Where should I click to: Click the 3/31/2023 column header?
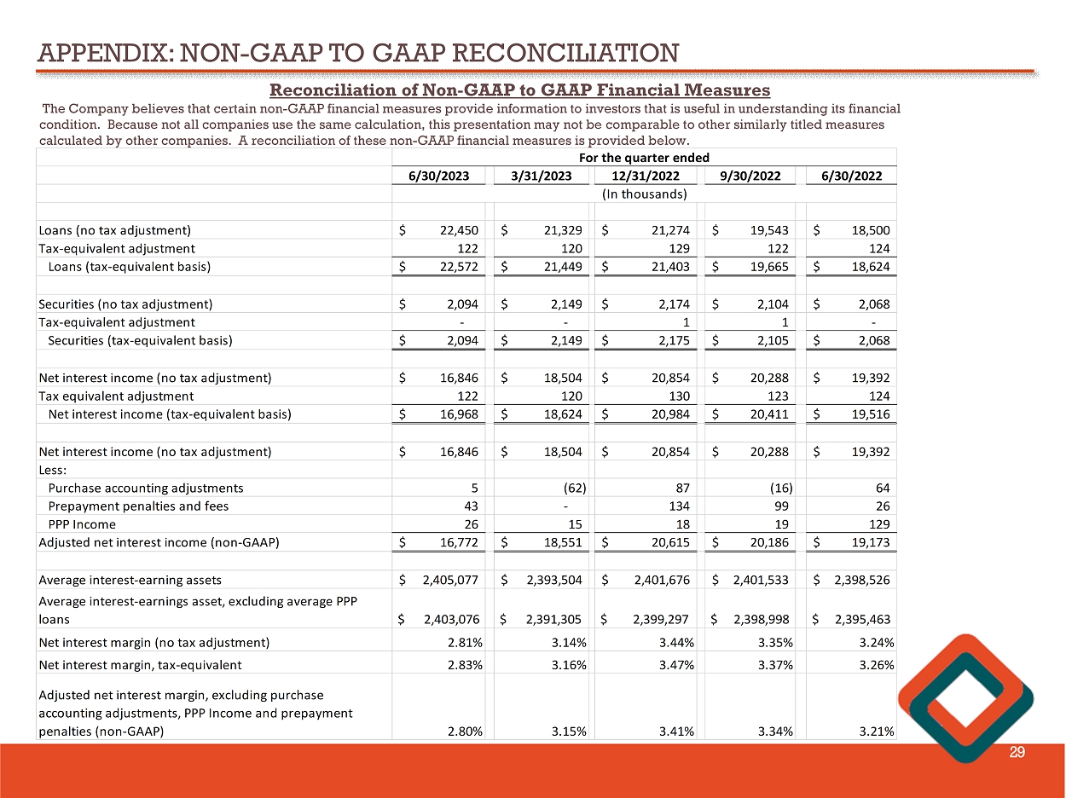click(543, 176)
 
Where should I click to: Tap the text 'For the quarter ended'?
click(644, 157)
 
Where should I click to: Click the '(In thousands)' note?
click(644, 194)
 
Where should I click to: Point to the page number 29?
click(1017, 752)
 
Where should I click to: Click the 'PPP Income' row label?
click(82, 524)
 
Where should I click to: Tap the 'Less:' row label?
click(52, 470)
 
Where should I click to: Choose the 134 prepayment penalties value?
click(679, 506)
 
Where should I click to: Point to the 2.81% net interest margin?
click(464, 642)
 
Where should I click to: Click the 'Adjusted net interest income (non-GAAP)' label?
click(159, 543)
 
